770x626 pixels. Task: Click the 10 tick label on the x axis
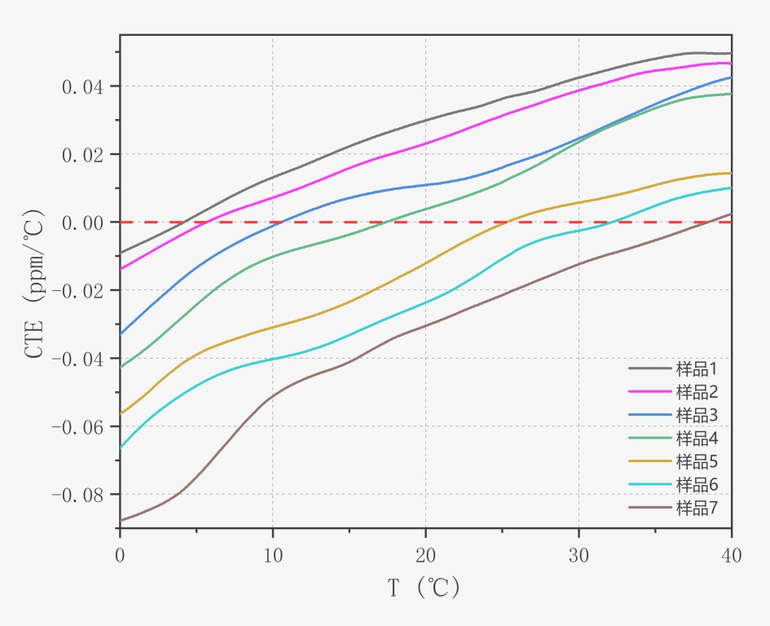272,554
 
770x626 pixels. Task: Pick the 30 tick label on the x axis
579,554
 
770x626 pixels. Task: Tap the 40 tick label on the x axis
731,554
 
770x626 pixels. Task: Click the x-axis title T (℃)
425,588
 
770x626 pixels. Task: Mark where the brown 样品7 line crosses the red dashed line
719,222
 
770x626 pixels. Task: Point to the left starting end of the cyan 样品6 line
121,447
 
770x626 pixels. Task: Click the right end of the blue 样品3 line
731,77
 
